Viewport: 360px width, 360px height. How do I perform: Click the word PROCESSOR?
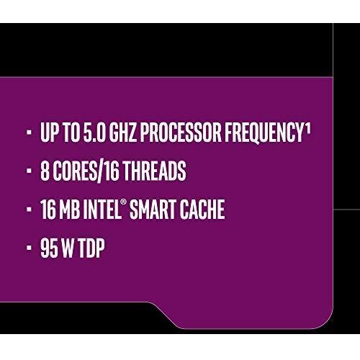[x=181, y=132]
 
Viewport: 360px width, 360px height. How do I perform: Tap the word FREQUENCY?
[x=264, y=132]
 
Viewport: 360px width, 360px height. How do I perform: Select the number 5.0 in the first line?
[x=94, y=132]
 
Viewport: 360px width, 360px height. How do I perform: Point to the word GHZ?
[x=123, y=132]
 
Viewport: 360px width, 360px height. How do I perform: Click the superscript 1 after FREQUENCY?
[x=308, y=129]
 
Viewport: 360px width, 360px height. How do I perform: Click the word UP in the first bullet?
[x=49, y=132]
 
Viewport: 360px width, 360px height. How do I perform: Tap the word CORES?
[x=75, y=171]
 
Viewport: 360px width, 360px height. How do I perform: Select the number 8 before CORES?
[x=45, y=171]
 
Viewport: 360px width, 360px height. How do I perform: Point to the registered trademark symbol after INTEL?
[x=123, y=202]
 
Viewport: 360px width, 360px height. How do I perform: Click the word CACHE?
[x=202, y=209]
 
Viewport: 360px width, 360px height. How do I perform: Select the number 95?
[x=49, y=248]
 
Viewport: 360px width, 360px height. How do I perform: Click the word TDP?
[x=91, y=248]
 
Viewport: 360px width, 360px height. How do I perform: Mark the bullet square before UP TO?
[x=29, y=132]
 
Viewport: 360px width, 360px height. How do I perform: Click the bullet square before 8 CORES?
[x=29, y=171]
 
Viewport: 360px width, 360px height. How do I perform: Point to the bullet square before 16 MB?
[x=29, y=210]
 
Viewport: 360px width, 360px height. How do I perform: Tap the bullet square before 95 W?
[x=29, y=248]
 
